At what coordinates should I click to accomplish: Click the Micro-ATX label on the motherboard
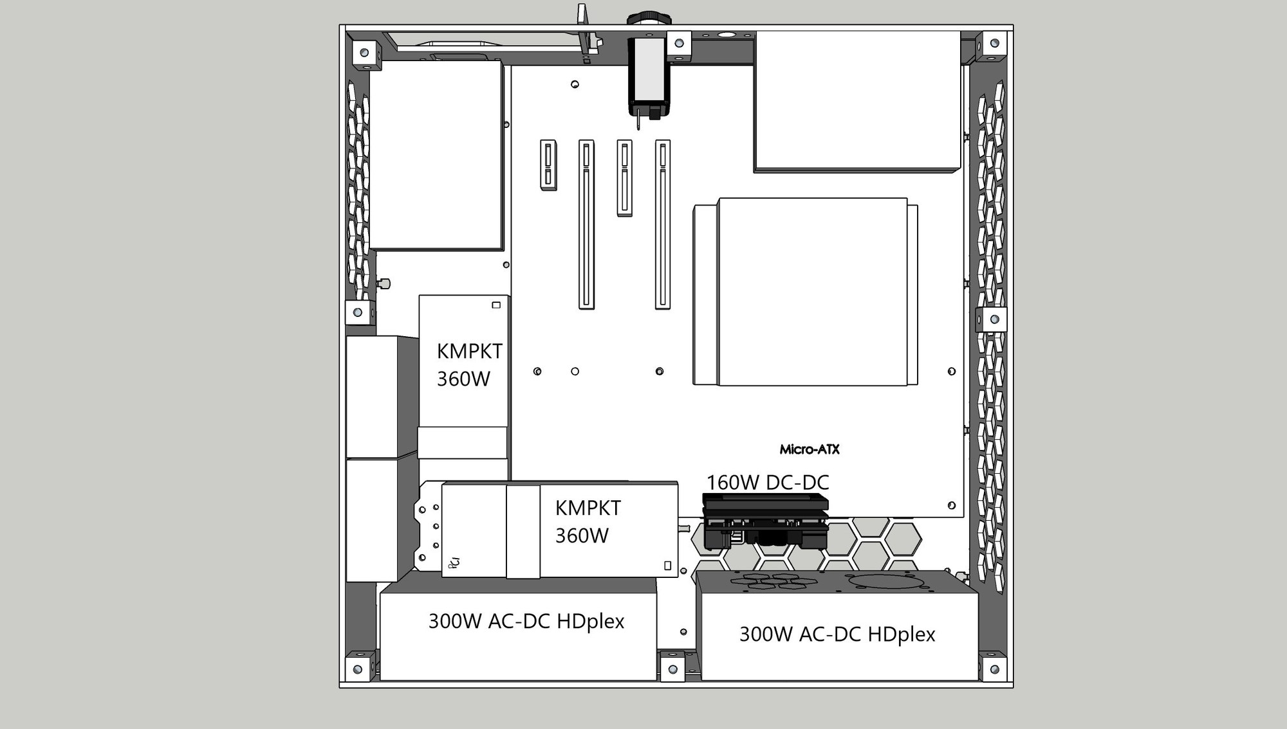point(810,449)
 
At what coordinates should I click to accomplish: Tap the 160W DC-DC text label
point(768,482)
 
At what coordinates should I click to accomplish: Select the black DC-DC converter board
point(765,521)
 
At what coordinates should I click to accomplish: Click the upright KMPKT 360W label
point(469,365)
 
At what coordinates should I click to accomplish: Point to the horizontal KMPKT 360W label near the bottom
point(588,521)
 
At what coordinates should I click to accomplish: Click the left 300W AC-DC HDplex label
point(526,622)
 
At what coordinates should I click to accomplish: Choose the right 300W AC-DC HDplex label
point(837,634)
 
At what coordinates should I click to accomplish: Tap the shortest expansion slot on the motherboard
point(548,165)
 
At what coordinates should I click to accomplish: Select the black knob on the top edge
point(649,18)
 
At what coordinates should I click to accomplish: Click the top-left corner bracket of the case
point(364,51)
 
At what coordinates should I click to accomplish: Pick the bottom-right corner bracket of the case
point(994,669)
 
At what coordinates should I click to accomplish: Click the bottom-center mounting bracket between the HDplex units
point(672,669)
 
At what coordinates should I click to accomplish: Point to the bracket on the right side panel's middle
point(994,319)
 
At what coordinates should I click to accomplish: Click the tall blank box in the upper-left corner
point(436,155)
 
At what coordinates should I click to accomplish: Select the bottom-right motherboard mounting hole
point(952,506)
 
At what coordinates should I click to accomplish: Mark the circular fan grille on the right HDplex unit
point(887,581)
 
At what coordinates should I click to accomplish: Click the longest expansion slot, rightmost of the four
point(663,224)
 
